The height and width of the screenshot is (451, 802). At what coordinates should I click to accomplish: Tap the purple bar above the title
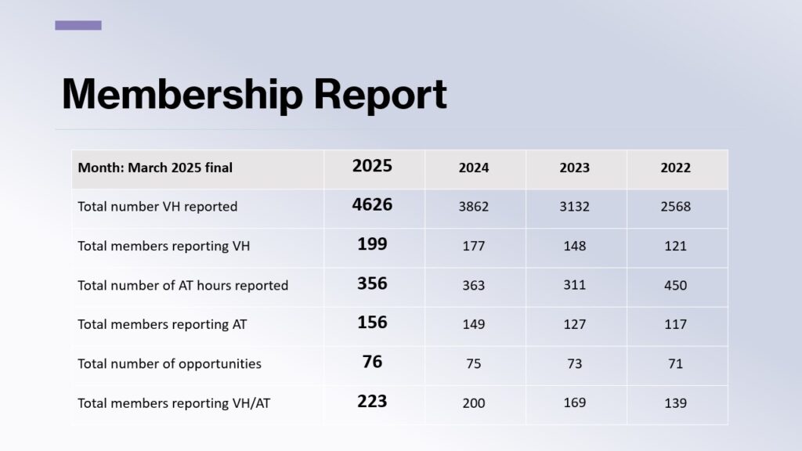78,25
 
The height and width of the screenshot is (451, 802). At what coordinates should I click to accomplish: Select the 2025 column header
372,166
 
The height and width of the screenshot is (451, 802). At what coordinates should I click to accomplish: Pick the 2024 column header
474,168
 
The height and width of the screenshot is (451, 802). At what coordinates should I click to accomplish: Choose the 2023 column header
575,168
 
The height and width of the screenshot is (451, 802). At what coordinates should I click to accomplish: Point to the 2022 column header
675,168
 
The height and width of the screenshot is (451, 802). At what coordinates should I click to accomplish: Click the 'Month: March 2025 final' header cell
155,168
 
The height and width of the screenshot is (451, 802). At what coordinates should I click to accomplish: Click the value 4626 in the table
372,205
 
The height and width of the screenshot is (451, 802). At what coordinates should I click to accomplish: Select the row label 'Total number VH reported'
157,207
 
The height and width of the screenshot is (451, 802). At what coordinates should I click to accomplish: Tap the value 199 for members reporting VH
372,244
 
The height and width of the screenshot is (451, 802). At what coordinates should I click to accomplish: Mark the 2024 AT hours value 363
474,285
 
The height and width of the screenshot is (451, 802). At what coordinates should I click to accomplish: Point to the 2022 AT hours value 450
675,285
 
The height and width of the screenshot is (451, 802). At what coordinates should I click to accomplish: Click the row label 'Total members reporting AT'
162,324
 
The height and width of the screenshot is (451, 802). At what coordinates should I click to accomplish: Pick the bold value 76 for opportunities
372,362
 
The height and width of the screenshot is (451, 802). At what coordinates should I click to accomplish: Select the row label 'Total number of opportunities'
169,363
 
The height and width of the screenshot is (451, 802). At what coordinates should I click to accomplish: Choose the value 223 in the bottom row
372,401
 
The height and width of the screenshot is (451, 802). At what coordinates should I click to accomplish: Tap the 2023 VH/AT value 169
575,402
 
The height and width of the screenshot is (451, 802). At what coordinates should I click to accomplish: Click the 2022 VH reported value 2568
675,207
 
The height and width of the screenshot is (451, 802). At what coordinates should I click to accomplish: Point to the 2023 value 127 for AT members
575,324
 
